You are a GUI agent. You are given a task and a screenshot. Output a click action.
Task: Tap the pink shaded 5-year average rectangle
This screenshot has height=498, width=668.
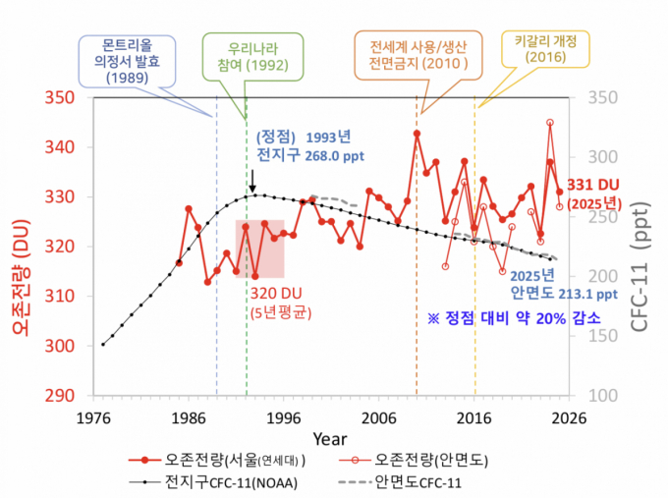(x=266, y=249)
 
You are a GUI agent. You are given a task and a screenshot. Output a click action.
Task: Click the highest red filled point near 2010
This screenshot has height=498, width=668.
(x=417, y=134)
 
